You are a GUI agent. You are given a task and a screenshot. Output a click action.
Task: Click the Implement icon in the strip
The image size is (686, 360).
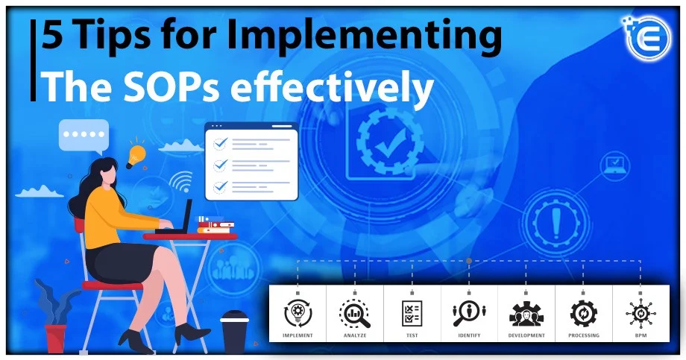coord(298,313)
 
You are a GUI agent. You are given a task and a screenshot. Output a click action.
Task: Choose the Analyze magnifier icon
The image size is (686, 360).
coord(354,313)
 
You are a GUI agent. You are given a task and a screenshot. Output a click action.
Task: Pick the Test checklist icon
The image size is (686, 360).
coord(412,313)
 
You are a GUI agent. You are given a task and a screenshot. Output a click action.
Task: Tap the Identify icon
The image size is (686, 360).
coord(469,313)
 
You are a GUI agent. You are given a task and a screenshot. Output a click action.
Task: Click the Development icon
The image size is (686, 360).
coord(526,313)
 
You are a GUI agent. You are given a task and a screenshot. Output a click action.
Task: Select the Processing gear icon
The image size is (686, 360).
coord(583,313)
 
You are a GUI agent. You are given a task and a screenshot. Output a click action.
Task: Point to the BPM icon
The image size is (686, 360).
coord(640,313)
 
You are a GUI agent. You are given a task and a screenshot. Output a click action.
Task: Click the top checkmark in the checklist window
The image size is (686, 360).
coord(220,143)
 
